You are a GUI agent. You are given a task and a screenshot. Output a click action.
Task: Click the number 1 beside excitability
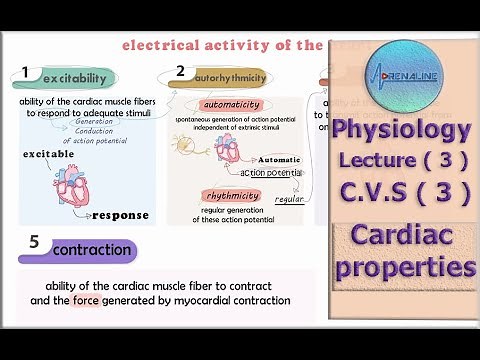click(x=26, y=74)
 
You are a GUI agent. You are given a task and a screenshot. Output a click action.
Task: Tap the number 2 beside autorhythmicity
click(x=180, y=72)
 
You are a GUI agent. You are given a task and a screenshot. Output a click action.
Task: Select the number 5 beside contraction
click(x=35, y=242)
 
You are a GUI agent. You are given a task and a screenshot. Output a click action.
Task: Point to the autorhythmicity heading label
click(x=229, y=77)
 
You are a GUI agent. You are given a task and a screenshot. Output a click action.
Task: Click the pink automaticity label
click(x=231, y=105)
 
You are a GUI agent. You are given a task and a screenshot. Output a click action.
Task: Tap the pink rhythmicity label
click(x=231, y=196)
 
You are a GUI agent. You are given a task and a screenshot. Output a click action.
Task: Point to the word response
click(x=120, y=215)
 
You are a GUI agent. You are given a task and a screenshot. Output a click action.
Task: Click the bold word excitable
click(x=48, y=155)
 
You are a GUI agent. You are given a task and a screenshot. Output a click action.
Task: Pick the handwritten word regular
click(x=289, y=199)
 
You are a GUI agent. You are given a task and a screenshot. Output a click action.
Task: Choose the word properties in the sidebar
click(x=404, y=267)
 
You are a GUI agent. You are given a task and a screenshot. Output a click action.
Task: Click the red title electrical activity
click(x=222, y=45)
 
